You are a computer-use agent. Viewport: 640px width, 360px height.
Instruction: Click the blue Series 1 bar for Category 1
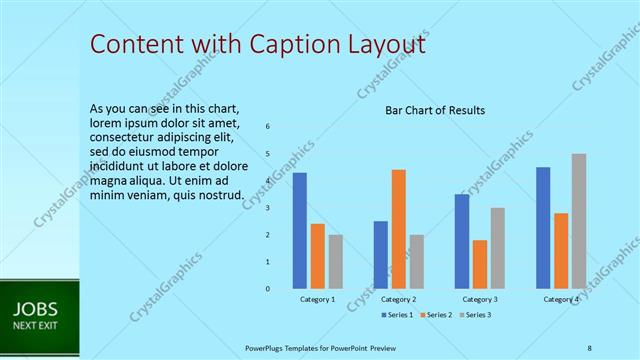(299, 230)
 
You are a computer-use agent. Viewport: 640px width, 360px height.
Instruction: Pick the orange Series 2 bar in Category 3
(479, 264)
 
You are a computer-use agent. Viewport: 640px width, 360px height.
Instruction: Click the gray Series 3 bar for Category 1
(335, 261)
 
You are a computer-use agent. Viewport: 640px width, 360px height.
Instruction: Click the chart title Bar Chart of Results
(435, 110)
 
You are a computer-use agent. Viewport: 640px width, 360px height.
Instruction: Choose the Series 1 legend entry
(396, 315)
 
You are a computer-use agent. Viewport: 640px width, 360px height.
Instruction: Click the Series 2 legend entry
(435, 315)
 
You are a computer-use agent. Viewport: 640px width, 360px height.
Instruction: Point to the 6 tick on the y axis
(268, 126)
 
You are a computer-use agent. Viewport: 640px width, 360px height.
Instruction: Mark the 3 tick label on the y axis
(268, 207)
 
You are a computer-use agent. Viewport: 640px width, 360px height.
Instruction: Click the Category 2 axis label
(398, 299)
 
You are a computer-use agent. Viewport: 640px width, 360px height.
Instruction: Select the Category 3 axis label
(479, 299)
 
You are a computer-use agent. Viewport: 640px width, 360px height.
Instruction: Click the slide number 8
(589, 347)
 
